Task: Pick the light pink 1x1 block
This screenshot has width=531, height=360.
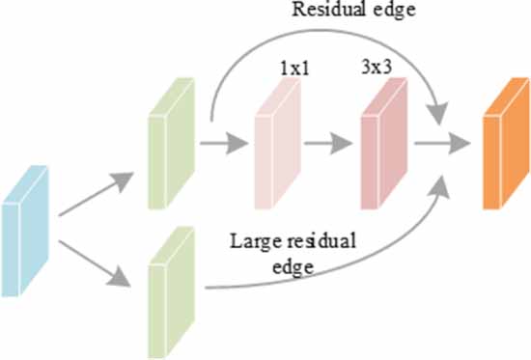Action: tap(273, 146)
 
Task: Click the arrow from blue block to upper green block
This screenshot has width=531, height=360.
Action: tap(98, 194)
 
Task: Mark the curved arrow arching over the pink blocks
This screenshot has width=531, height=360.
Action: tap(319, 41)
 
